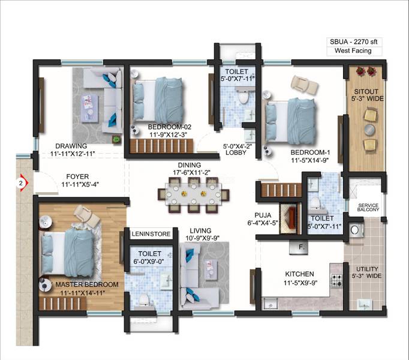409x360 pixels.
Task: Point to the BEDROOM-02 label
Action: coord(170,127)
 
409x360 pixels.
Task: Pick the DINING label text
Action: coord(189,165)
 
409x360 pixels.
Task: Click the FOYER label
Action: coord(79,178)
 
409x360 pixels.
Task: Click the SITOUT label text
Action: coord(365,93)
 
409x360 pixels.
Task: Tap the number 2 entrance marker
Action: coord(21,182)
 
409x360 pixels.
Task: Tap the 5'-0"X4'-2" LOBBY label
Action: coord(238,149)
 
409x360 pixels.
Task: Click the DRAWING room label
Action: coord(71,146)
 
